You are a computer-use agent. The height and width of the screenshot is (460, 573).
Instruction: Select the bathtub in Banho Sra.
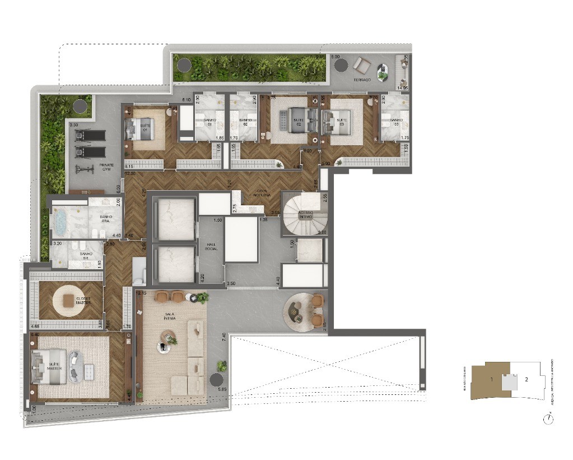click(x=60, y=222)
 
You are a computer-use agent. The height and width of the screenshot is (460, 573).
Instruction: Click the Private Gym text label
click(x=106, y=167)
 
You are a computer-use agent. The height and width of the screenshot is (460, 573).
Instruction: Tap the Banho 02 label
click(x=245, y=121)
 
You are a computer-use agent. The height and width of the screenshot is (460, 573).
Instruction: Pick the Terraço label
click(x=362, y=80)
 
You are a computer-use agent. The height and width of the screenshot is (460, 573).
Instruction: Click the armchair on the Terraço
click(x=362, y=66)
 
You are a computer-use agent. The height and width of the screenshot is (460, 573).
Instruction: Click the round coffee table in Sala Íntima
click(x=167, y=337)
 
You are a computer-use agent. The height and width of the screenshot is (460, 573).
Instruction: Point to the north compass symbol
click(x=547, y=418)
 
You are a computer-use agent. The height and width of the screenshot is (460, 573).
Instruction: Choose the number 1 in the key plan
click(x=491, y=380)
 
